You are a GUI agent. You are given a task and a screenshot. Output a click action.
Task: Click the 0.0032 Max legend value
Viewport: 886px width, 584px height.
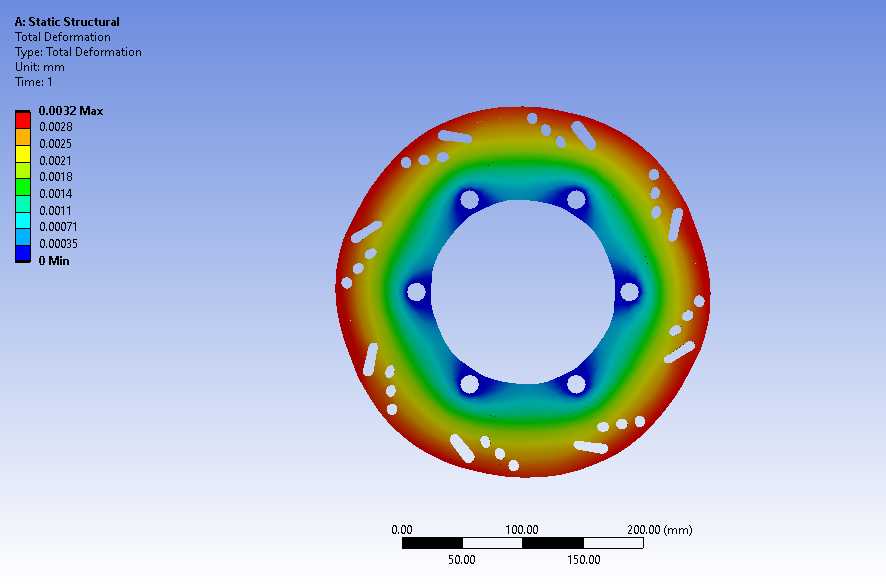[71, 111]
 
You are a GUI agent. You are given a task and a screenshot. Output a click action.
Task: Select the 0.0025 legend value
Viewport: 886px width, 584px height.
[55, 143]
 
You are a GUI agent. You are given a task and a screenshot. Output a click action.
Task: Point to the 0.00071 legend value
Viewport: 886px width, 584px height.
[58, 226]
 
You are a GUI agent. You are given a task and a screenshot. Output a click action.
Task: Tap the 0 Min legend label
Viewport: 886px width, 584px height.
[54, 260]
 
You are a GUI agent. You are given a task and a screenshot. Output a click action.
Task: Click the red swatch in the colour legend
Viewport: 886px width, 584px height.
[23, 120]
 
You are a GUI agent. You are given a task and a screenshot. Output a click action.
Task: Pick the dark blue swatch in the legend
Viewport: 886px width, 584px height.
[23, 253]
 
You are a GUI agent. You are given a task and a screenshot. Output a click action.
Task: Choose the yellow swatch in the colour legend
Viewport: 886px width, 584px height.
[23, 153]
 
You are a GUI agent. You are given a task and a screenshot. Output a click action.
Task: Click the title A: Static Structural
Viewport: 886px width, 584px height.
[67, 22]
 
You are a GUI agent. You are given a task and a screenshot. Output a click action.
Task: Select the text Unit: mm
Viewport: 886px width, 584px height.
[40, 67]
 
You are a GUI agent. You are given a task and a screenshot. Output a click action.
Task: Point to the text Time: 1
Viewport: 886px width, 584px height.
[33, 82]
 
